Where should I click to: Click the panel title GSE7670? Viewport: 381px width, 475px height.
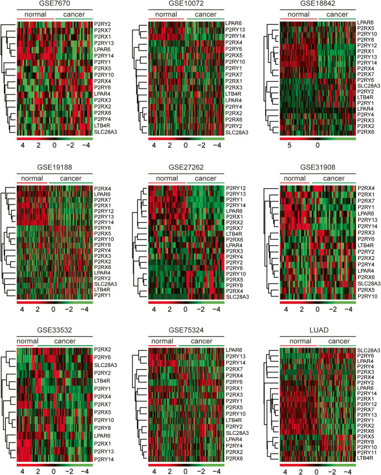click(x=54, y=4)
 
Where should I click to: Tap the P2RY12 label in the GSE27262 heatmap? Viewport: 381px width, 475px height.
click(x=237, y=188)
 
